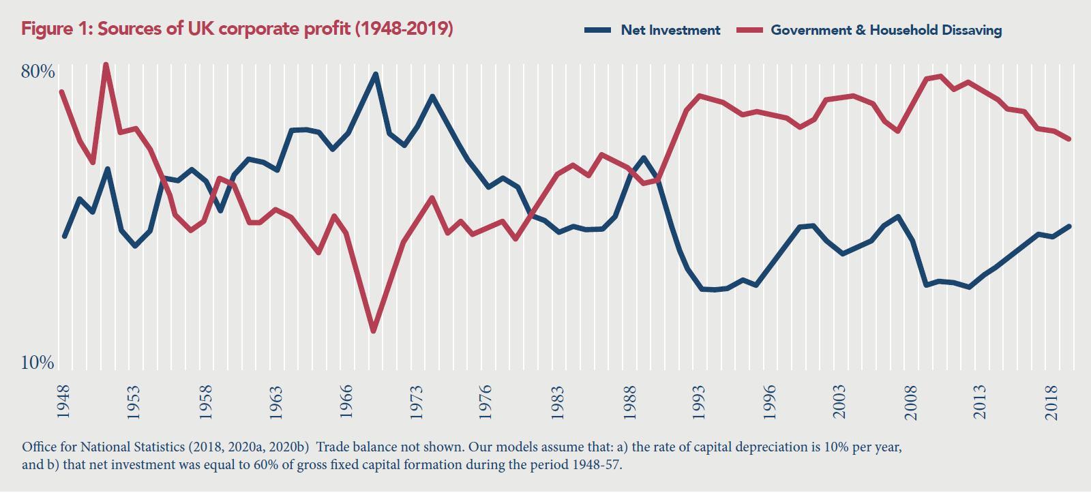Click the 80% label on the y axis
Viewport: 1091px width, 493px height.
(38, 72)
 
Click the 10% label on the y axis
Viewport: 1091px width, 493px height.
(38, 363)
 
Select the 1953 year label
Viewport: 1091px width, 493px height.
(134, 402)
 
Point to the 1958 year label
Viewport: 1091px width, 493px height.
(205, 402)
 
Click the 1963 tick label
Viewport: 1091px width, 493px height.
(275, 402)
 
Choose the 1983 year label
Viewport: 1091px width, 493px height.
(558, 402)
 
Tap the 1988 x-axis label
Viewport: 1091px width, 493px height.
(629, 402)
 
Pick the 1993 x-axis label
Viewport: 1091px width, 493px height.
(700, 402)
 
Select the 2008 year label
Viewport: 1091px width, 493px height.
(911, 402)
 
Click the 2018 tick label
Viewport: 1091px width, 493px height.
(1052, 402)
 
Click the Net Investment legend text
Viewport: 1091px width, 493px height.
(670, 30)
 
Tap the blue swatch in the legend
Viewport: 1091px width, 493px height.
(598, 30)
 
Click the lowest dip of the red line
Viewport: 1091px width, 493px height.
(373, 331)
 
